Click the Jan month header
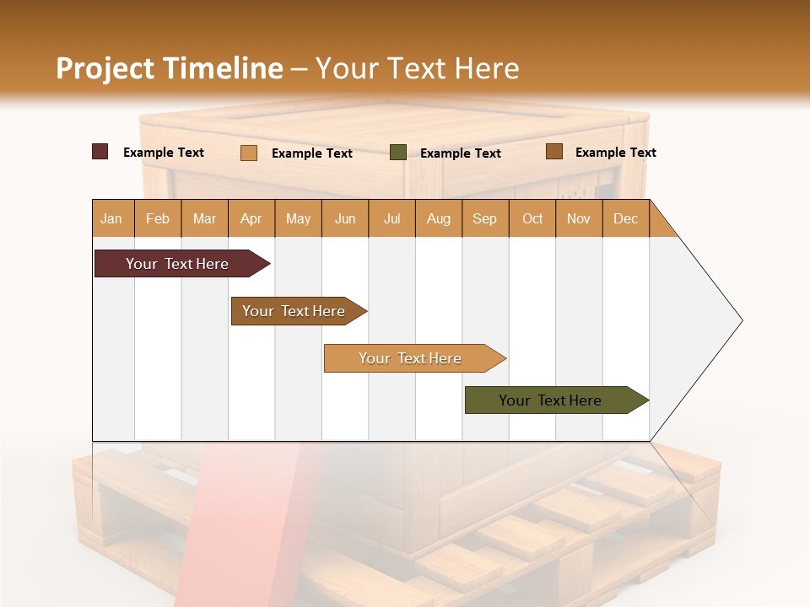(x=112, y=218)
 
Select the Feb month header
(x=158, y=218)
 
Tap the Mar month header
(x=204, y=218)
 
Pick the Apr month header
(x=251, y=218)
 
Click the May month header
(x=298, y=218)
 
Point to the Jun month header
(x=345, y=218)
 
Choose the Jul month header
(x=391, y=218)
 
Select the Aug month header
(x=439, y=218)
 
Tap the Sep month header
(x=485, y=218)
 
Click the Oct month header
(x=532, y=218)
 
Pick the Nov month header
(x=579, y=218)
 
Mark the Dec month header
(x=626, y=218)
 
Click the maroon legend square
(x=100, y=152)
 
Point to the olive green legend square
(x=398, y=152)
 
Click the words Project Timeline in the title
(x=170, y=68)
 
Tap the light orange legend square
(x=249, y=153)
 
